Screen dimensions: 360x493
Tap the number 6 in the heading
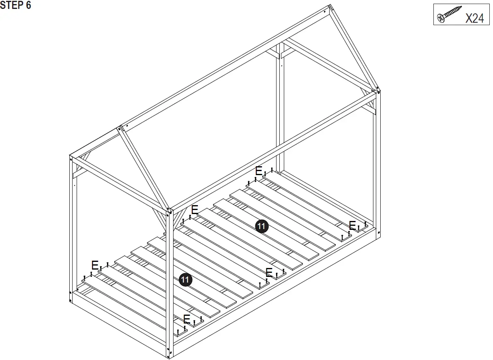[28, 6]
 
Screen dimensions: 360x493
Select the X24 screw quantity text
[474, 18]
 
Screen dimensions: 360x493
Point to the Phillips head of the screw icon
[441, 18]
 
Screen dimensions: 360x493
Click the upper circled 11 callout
[262, 226]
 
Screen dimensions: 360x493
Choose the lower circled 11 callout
[185, 280]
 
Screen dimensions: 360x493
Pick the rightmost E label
[352, 226]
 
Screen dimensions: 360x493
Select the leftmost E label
[95, 266]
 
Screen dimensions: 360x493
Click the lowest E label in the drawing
[187, 319]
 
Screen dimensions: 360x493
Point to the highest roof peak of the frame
[329, 6]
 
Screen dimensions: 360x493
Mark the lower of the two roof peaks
[119, 127]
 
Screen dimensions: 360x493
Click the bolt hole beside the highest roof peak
[324, 12]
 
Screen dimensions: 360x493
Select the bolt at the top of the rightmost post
[379, 92]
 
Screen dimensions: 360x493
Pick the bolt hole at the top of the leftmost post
[72, 159]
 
